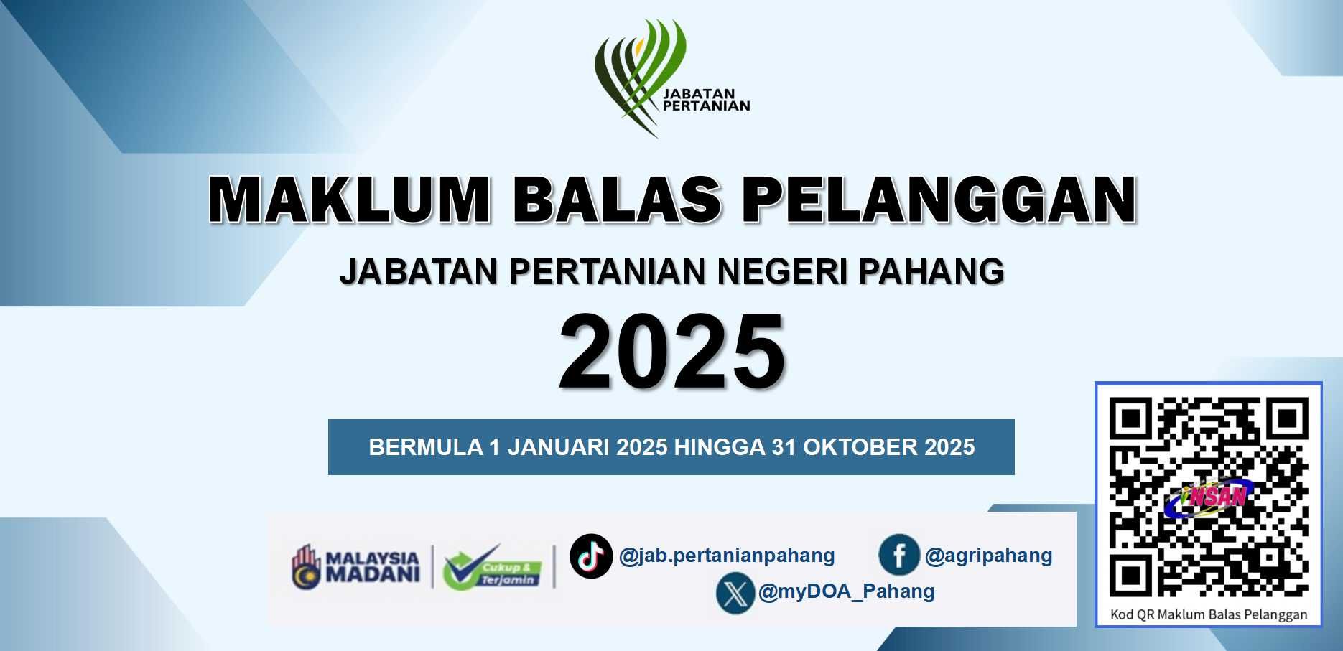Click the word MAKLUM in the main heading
tap(350, 199)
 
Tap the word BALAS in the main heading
tap(617, 199)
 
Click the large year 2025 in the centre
tap(671, 352)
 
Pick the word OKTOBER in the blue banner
tap(860, 447)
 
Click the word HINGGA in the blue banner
tap(720, 447)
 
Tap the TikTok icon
tap(590, 556)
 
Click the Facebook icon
tap(898, 555)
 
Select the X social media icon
tap(735, 593)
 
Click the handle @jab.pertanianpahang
tap(727, 556)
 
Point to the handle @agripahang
tap(988, 556)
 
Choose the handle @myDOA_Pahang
tap(846, 591)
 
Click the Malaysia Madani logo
tap(355, 566)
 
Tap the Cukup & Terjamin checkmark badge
tap(493, 567)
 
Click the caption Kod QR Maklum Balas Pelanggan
tap(1209, 614)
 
